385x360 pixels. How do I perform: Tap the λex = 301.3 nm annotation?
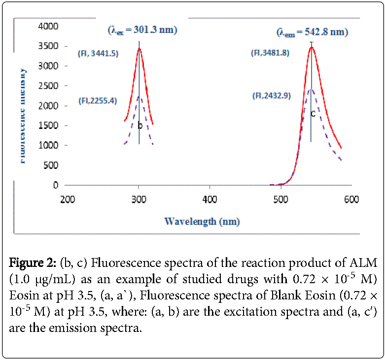(142, 30)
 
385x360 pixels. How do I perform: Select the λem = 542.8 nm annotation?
(312, 33)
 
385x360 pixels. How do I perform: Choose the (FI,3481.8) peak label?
(272, 53)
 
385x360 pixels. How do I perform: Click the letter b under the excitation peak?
(140, 126)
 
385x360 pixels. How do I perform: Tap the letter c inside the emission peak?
(313, 114)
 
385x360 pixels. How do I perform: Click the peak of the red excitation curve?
(139, 49)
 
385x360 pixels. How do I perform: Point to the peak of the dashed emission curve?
(311, 89)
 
